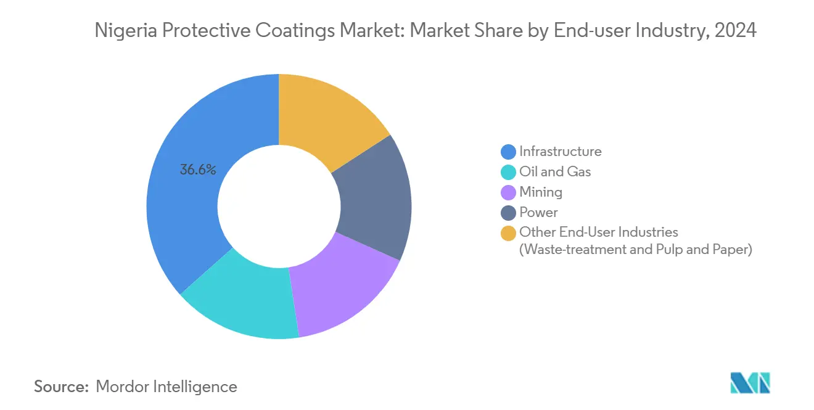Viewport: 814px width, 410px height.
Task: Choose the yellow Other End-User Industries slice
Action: pos(327,117)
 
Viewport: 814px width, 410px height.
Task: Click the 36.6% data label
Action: pos(197,170)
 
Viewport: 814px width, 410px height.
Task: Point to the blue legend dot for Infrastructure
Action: pos(508,152)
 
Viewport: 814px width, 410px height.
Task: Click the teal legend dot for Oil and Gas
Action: pos(508,172)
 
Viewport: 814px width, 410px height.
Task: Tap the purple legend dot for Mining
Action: pos(508,192)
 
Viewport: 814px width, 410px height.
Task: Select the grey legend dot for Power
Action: pos(508,213)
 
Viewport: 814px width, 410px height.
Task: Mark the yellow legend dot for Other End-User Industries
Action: pos(508,233)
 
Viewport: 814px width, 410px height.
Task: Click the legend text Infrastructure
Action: pos(560,152)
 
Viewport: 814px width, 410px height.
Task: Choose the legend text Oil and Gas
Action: pos(555,172)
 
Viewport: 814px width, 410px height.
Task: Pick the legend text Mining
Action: pos(541,192)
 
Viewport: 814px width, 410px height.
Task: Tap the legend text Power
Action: pos(538,213)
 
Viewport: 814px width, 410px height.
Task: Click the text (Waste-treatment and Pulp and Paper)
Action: pos(635,250)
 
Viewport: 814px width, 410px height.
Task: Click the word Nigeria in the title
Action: pos(123,30)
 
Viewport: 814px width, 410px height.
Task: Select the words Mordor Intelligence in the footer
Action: pos(166,387)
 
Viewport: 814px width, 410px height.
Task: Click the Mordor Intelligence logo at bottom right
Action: pos(750,383)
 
